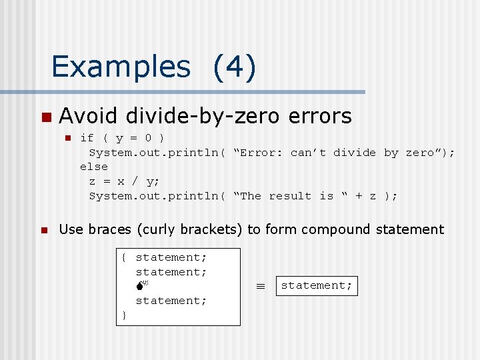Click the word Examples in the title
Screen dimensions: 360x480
(x=121, y=67)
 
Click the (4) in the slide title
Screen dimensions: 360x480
(x=234, y=67)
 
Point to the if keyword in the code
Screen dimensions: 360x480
(x=87, y=138)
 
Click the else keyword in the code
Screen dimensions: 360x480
(x=93, y=167)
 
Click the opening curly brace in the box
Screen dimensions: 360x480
(x=124, y=257)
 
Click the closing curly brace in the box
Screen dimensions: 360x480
(x=124, y=315)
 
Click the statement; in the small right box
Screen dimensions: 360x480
(x=317, y=285)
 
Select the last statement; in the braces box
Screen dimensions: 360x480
(x=171, y=301)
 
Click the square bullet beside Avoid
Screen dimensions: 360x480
(x=45, y=117)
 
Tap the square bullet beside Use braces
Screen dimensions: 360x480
(x=45, y=231)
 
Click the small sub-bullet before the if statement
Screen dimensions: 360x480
(x=67, y=139)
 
